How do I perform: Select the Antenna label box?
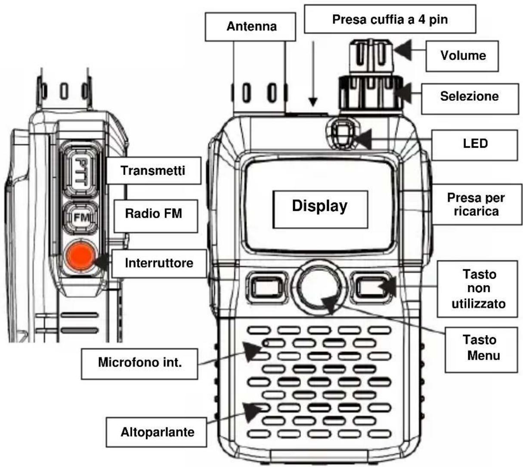click(251, 27)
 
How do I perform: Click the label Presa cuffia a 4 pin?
click(390, 19)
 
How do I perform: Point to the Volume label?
click(462, 56)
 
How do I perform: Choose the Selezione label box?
click(469, 96)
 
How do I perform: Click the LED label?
click(475, 144)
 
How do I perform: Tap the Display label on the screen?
click(320, 206)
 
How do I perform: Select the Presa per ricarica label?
click(476, 205)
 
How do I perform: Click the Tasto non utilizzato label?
click(478, 289)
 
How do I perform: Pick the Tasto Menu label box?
click(481, 348)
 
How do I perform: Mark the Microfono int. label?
click(140, 362)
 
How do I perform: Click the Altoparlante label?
click(157, 432)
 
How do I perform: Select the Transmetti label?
click(153, 171)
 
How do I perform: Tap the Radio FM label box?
click(154, 214)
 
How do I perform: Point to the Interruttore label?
click(159, 263)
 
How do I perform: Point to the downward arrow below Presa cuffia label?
click(313, 73)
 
